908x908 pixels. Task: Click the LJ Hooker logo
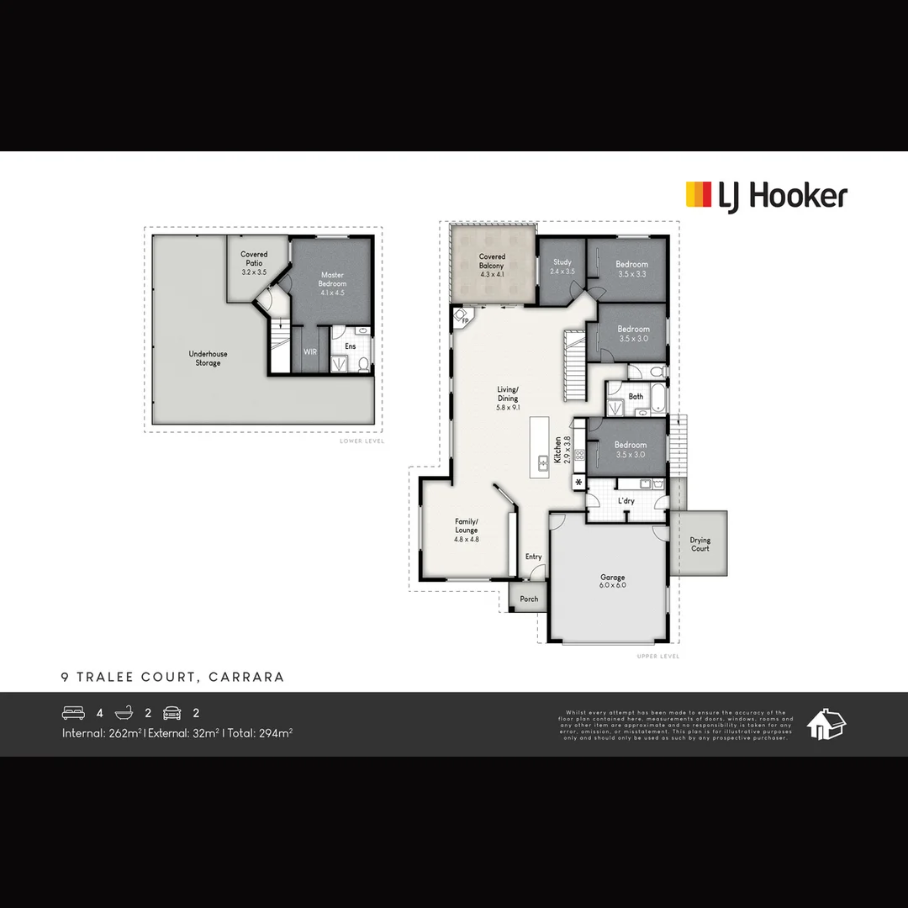(766, 196)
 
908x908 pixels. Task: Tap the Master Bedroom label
(332, 284)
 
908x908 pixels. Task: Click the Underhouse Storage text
(208, 358)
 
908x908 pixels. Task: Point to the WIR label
(310, 351)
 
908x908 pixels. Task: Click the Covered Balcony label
(492, 265)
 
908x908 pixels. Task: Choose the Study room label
(562, 267)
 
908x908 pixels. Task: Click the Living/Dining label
(508, 398)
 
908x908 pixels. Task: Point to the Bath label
(636, 396)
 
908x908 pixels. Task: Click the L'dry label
(626, 501)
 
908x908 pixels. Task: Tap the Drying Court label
(700, 545)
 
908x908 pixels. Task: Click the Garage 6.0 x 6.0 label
(613, 581)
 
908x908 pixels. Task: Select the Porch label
(529, 599)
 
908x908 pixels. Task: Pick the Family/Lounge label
(466, 530)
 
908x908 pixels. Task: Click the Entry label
(534, 557)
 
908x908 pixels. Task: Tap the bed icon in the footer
(74, 713)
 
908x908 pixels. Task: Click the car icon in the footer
(172, 713)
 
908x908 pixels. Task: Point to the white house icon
(826, 724)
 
